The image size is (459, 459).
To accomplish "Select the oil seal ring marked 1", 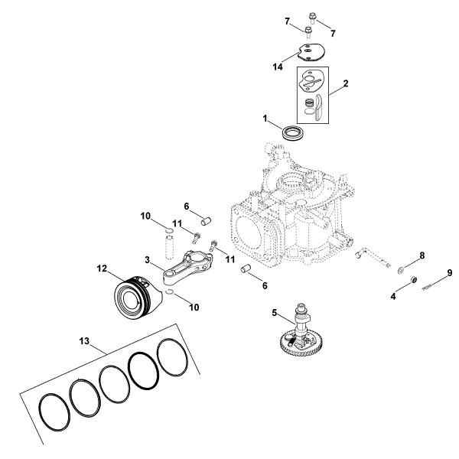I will [x=292, y=132].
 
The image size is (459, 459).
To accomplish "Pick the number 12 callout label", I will [x=102, y=269].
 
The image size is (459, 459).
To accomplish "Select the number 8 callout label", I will [x=421, y=256].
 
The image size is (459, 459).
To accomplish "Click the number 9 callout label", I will [x=450, y=272].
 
